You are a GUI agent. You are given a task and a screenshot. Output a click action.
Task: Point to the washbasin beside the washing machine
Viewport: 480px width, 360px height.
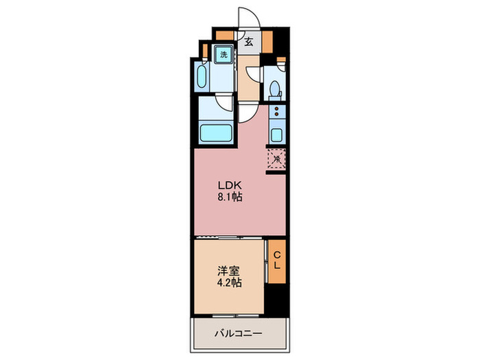[x=203, y=77]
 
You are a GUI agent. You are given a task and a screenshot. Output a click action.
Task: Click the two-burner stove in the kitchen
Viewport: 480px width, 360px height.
[x=276, y=111]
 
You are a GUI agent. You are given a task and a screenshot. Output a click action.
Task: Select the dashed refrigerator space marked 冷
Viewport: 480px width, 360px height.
[x=276, y=159]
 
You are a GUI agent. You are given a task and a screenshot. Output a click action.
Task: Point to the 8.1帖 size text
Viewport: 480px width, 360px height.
[x=229, y=197]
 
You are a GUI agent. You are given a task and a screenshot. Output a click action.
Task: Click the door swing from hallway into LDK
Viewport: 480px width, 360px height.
[x=248, y=113]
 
